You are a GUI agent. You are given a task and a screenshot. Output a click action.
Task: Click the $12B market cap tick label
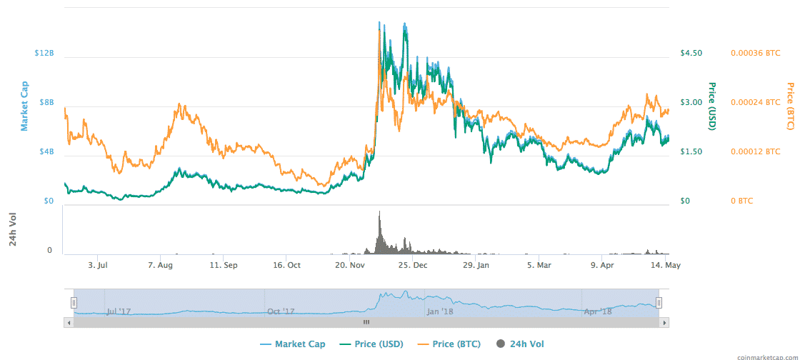(x=44, y=54)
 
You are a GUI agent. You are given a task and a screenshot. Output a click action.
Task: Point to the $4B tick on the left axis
(x=46, y=152)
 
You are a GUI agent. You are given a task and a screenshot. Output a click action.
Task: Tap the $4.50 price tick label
(x=691, y=54)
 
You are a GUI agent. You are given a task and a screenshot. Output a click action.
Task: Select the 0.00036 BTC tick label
(x=755, y=54)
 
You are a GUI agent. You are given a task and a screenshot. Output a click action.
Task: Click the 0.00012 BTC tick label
(x=755, y=152)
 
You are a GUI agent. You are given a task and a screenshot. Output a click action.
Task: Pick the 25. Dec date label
(x=413, y=265)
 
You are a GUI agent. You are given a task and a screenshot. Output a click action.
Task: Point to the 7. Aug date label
(x=161, y=265)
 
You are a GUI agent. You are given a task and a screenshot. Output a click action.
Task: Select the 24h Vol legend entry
(x=524, y=344)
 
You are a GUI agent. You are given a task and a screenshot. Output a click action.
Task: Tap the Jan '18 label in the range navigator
(x=439, y=311)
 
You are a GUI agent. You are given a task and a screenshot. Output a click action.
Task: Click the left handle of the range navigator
(x=74, y=303)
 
